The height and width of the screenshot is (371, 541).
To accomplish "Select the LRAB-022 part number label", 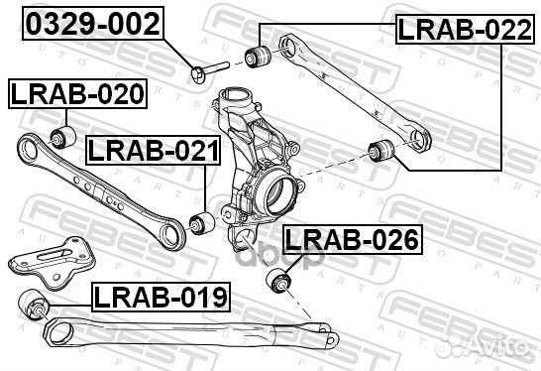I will coord(458,30).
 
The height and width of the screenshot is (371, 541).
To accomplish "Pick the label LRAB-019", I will coord(161,295).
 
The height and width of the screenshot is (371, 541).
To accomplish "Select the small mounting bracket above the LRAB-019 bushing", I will coord(50,259).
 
